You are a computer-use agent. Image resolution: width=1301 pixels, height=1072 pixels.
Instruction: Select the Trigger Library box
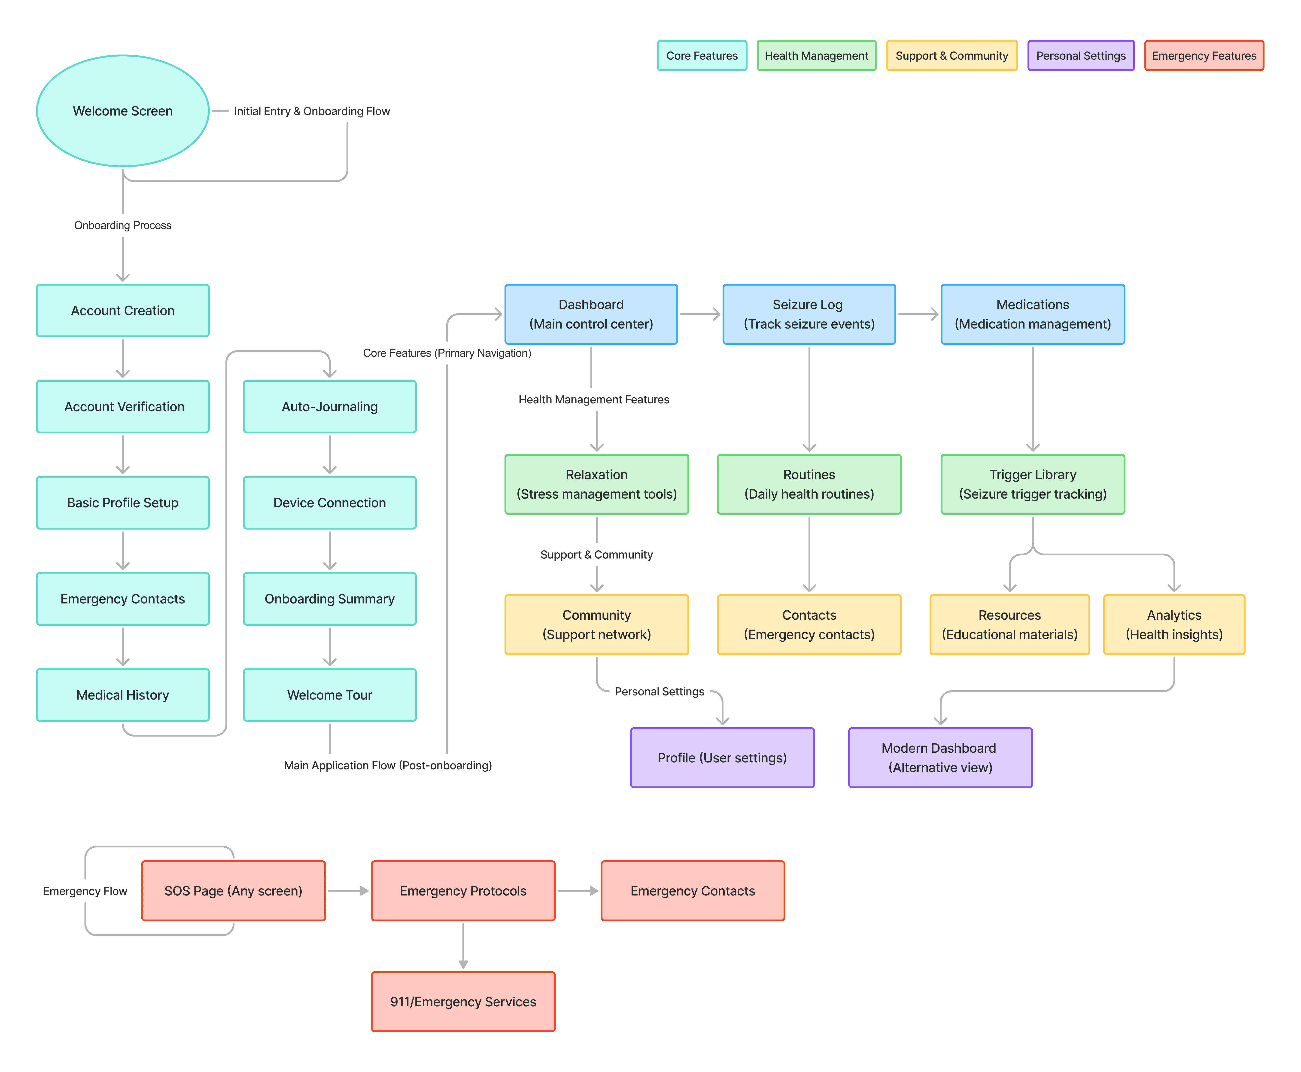click(x=1032, y=484)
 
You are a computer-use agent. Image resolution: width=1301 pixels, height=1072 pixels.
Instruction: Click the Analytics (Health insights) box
click(x=1174, y=624)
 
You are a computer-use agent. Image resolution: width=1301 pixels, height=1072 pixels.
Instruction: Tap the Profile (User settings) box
click(x=722, y=758)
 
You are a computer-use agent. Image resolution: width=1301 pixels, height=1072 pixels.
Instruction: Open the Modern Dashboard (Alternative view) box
click(x=940, y=758)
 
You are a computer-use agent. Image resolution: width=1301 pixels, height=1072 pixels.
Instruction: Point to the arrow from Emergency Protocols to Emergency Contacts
click(x=577, y=890)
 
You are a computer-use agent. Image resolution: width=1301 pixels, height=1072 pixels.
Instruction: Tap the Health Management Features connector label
click(x=593, y=399)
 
